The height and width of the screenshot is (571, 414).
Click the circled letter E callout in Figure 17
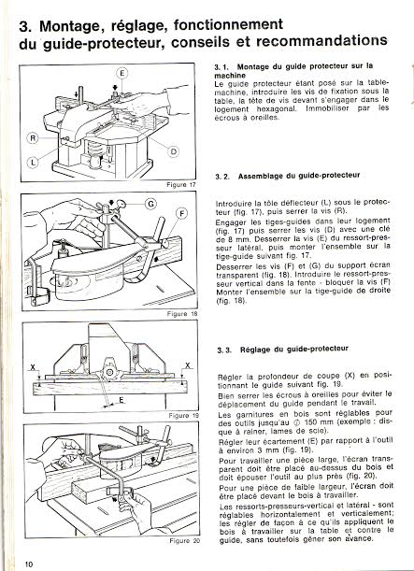coord(122,74)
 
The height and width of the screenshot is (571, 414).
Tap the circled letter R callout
coord(33,138)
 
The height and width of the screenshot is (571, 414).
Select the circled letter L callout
coord(33,162)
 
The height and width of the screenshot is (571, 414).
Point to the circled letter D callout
coord(174,150)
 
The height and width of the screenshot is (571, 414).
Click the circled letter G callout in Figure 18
coord(150,205)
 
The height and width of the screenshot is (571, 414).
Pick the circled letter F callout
coord(181,214)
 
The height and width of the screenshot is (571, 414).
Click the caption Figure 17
coord(181,185)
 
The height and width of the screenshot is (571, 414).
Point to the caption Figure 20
coord(185,541)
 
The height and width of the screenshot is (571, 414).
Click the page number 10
coord(29,564)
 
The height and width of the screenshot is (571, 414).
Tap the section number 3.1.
coord(221,67)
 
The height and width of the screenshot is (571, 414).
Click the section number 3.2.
coord(222,177)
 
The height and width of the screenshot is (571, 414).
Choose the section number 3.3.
coord(224,350)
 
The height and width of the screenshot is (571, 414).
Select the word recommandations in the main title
coord(321,41)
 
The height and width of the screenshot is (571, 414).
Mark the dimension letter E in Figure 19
coord(121,400)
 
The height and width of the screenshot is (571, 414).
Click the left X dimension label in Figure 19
coord(33,367)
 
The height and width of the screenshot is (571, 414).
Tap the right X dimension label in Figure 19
coord(188,365)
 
